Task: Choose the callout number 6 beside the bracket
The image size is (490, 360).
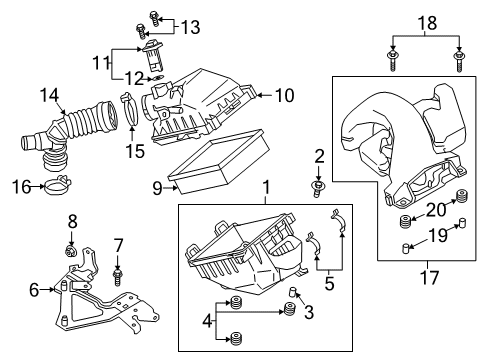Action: pos(34,291)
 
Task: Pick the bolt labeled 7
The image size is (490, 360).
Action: pos(117,272)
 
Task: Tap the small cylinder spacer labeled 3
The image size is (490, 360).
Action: pos(295,292)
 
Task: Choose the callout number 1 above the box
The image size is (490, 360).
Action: pos(267,186)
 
